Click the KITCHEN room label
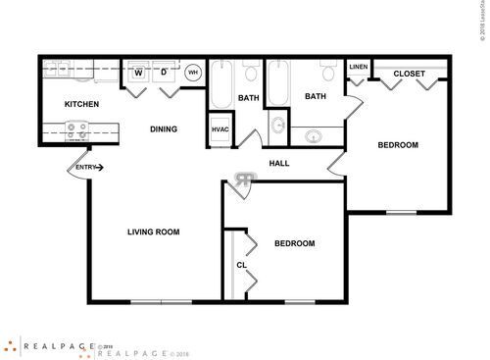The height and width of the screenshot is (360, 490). [80, 104]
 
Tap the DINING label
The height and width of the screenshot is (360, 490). [163, 129]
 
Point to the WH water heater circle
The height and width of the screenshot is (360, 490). [193, 72]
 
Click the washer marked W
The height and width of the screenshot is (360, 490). [138, 73]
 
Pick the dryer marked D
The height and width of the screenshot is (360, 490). [164, 73]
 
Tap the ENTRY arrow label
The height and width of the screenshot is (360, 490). [87, 168]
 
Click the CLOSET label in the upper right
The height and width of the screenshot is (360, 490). [411, 75]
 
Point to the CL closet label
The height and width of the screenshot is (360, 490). [241, 265]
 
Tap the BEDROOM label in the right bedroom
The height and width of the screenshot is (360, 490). [398, 145]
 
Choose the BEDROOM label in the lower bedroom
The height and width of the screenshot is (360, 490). [294, 243]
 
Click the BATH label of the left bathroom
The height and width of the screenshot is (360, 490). [248, 97]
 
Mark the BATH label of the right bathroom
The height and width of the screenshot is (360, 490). [315, 96]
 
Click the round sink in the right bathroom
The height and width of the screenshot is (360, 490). [315, 136]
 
